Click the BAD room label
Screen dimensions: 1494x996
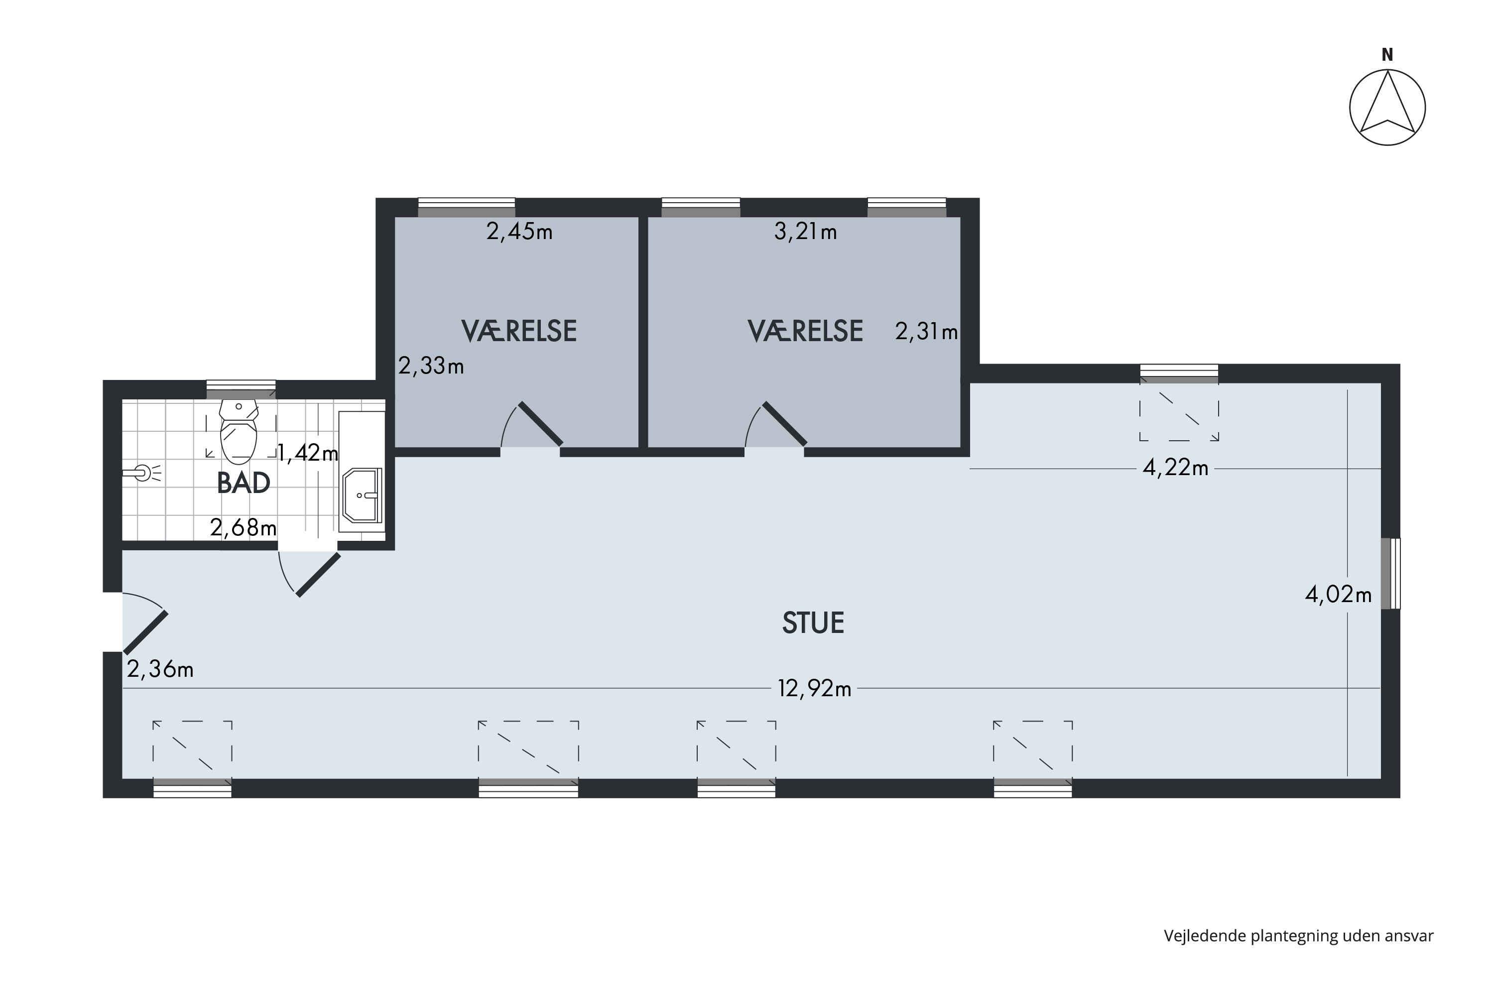pos(244,484)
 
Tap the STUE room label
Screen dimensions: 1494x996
pos(813,623)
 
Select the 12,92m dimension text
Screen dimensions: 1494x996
pos(814,689)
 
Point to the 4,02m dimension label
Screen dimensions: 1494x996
pos(1339,595)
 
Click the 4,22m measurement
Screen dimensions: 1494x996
pos(1175,468)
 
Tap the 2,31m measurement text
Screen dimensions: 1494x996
pos(926,332)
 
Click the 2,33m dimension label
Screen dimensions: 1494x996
pos(431,366)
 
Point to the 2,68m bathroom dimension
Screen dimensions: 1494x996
pos(244,528)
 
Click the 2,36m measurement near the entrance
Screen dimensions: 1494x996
pos(160,669)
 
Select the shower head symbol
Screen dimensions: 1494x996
pos(141,473)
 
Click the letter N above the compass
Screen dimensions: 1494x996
pos(1387,55)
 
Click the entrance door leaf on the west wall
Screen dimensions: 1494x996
pos(145,632)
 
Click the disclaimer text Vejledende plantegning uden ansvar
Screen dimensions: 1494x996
pos(1298,936)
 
